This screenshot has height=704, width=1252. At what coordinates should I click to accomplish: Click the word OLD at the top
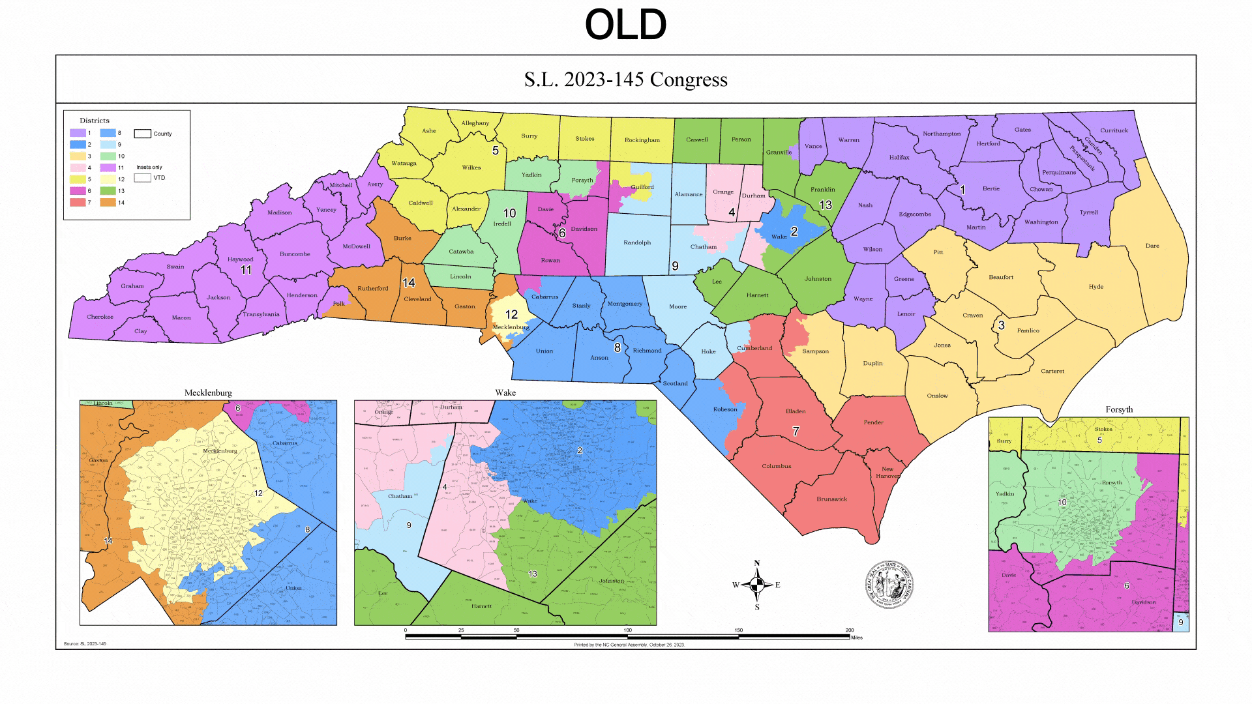(x=625, y=25)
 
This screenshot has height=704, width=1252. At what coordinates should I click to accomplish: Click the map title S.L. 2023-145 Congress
(x=625, y=80)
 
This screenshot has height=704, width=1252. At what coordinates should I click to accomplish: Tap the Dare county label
(x=1152, y=246)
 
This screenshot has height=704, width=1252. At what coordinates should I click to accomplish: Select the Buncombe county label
(x=295, y=254)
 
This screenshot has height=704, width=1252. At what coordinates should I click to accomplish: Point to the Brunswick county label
(x=831, y=499)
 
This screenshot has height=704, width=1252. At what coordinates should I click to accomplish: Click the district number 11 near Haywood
(x=246, y=270)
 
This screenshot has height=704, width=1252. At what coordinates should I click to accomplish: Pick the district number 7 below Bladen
(x=796, y=432)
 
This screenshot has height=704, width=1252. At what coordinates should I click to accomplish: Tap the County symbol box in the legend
(x=142, y=134)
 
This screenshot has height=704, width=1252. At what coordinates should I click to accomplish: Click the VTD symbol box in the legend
(x=142, y=178)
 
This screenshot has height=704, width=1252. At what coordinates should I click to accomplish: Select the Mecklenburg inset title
(x=208, y=393)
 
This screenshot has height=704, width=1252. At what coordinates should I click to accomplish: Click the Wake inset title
(x=505, y=392)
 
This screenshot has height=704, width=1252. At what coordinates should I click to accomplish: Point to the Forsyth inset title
(x=1119, y=409)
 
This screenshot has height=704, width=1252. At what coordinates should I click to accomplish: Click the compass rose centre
(x=757, y=585)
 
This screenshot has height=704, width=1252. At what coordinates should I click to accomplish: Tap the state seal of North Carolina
(x=889, y=584)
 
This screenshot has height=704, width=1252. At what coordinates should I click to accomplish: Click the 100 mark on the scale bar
(x=627, y=630)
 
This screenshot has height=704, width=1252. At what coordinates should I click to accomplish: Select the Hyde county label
(x=1096, y=287)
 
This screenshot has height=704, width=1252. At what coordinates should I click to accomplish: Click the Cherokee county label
(x=100, y=317)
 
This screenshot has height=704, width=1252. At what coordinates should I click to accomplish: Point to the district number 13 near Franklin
(x=826, y=205)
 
